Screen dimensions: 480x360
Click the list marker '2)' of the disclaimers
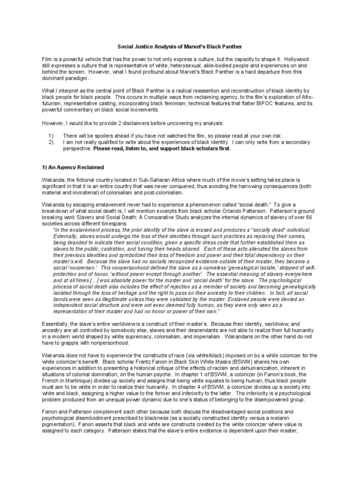(51, 142)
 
